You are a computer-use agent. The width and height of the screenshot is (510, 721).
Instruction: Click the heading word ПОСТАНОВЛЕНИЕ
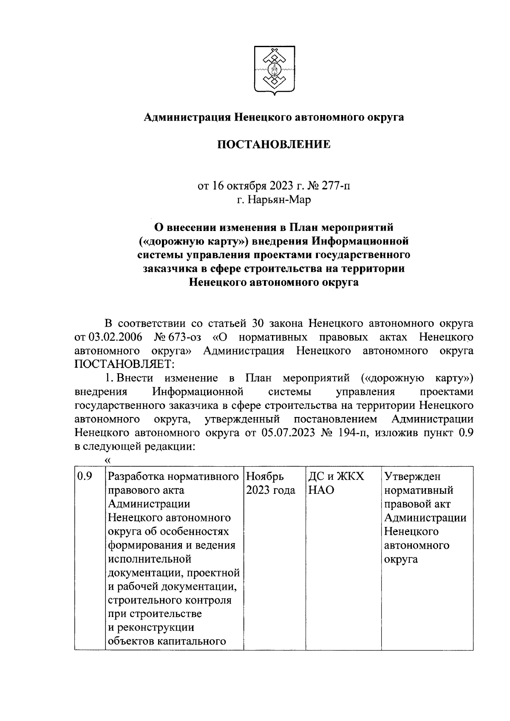274,145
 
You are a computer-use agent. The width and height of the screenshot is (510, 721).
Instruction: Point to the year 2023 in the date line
280,186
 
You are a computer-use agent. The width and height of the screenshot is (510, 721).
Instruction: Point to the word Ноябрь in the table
265,476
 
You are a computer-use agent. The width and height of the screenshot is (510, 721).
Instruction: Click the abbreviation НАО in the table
320,490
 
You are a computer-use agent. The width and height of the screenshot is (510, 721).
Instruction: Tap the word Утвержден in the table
413,476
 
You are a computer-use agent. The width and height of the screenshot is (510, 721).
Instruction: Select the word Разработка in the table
137,476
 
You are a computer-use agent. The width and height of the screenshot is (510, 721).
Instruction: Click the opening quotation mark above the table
107,460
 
